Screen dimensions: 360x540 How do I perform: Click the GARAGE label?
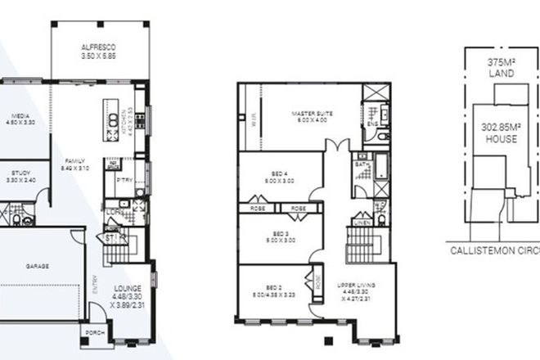coord(37,267)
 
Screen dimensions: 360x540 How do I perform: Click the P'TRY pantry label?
coord(125,179)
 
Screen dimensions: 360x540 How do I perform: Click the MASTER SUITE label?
coord(313,113)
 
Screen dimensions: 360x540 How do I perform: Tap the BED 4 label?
coord(280,173)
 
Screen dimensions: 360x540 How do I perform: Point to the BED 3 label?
coord(280,233)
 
